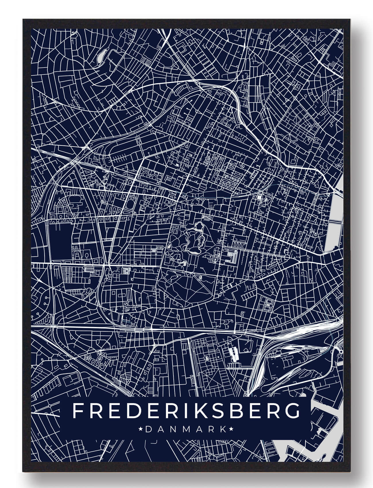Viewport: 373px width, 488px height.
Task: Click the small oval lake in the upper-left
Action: point(102,55)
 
